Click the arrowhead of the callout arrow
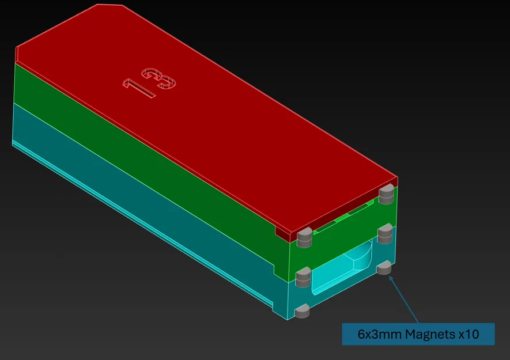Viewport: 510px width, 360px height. tap(391, 277)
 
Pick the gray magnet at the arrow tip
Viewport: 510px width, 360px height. tap(384, 268)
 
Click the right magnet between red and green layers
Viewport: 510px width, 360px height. tap(386, 195)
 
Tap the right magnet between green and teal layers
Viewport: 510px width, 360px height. tap(384, 232)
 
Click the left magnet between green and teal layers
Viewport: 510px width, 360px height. tap(303, 277)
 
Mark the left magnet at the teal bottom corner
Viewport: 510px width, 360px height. tap(302, 312)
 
